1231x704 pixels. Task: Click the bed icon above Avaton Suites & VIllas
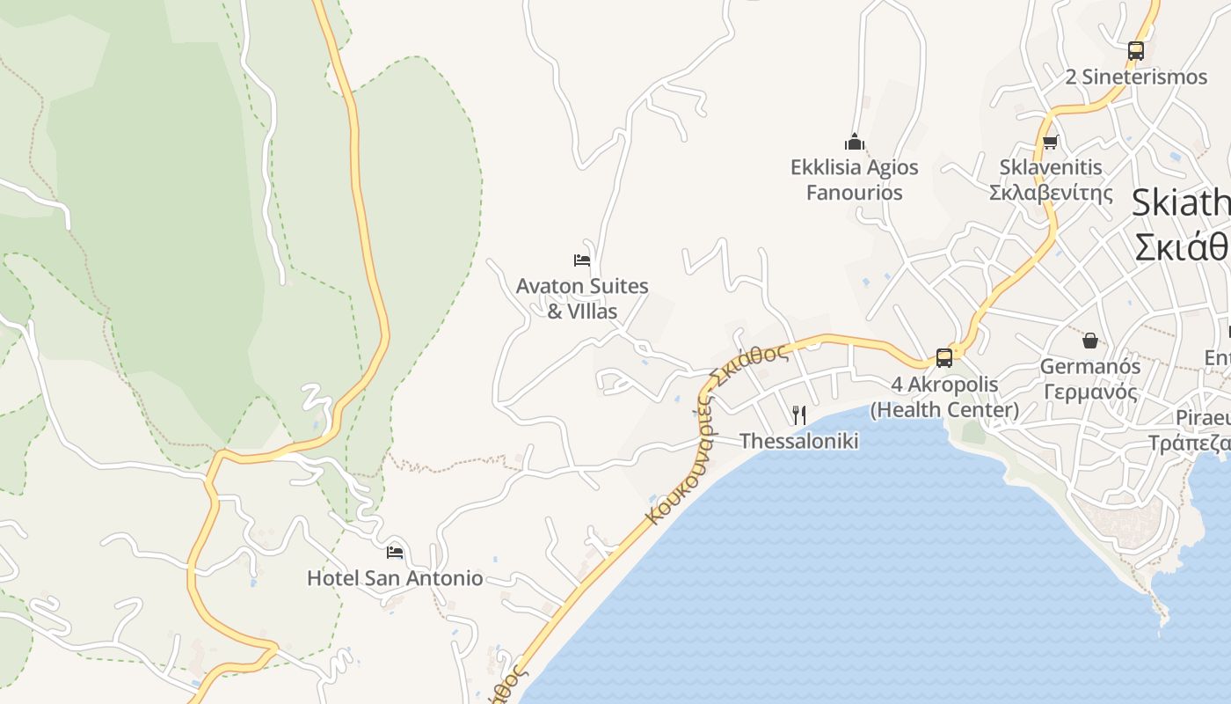click(581, 260)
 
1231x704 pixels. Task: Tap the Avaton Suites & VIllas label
click(582, 298)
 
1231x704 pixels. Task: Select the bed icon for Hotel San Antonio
click(395, 553)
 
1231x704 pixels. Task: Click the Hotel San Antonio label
click(395, 578)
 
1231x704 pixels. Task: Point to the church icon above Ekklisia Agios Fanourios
click(854, 142)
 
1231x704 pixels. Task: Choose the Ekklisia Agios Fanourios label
click(854, 180)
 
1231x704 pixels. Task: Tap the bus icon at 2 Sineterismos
click(1135, 51)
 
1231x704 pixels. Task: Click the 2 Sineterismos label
click(1136, 77)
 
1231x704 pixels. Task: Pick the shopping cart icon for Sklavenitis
click(1050, 142)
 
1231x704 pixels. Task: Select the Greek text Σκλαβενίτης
click(1051, 193)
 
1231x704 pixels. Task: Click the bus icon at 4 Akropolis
click(944, 358)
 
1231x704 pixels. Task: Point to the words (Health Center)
click(944, 410)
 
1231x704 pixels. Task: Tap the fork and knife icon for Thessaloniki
click(799, 414)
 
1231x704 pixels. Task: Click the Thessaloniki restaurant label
click(798, 441)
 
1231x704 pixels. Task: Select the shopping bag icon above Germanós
click(1089, 341)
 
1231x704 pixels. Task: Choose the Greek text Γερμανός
click(1089, 392)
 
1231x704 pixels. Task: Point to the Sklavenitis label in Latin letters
click(1051, 167)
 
